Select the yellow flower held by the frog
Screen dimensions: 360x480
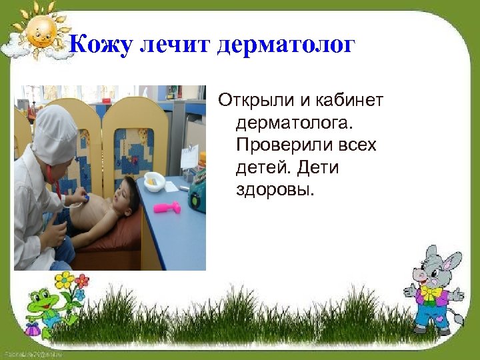(x=65, y=280)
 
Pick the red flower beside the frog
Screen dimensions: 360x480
(x=82, y=280)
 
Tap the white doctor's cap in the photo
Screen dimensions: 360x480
(x=56, y=134)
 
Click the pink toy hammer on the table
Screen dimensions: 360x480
(x=167, y=207)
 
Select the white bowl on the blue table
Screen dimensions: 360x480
(x=154, y=181)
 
